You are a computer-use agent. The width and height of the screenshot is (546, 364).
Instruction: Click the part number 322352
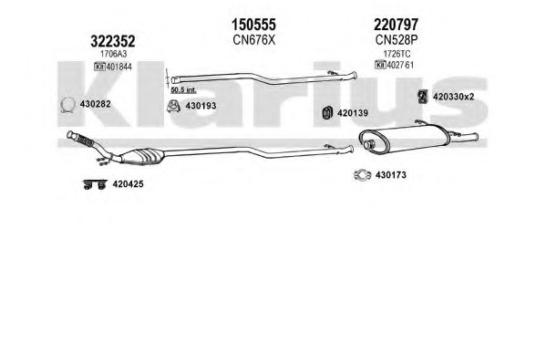(x=112, y=41)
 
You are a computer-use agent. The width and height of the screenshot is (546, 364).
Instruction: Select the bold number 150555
(x=253, y=25)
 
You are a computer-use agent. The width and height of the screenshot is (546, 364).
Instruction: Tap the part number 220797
(x=396, y=25)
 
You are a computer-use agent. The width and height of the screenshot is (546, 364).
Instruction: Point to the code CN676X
(x=253, y=40)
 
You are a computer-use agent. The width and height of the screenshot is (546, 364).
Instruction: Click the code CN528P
(x=396, y=40)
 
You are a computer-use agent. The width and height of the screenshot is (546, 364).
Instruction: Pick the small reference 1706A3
(x=114, y=54)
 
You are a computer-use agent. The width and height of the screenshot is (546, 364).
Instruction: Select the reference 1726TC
(x=397, y=54)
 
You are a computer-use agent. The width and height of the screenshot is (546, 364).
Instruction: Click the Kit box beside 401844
(x=99, y=67)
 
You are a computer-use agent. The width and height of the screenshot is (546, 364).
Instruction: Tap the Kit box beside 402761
(x=380, y=65)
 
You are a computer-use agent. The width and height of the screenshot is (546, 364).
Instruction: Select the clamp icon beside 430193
(x=173, y=107)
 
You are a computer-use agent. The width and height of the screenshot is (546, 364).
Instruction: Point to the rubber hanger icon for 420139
(x=327, y=112)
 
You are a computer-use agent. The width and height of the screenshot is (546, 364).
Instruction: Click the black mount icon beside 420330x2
(x=423, y=97)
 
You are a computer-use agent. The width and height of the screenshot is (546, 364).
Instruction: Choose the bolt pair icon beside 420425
(x=95, y=184)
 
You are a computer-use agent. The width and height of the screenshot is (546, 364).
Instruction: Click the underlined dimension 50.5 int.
(x=183, y=90)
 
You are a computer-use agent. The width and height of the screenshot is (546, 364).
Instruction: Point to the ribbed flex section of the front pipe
(x=85, y=140)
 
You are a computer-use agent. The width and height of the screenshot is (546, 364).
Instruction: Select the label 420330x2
(x=453, y=97)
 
